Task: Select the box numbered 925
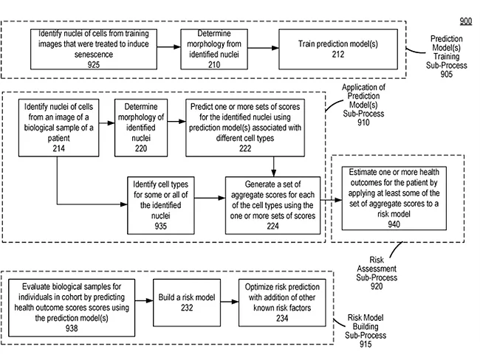(x=96, y=49)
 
